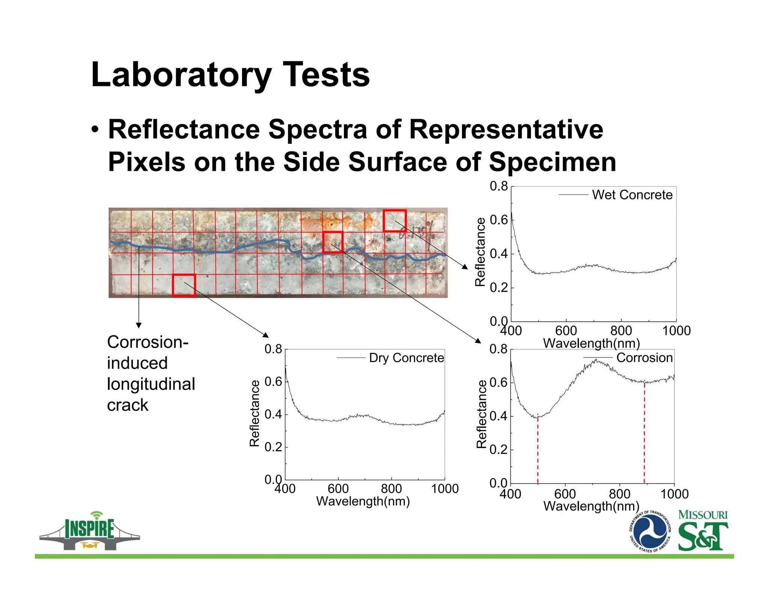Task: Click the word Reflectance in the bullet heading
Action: coord(184,130)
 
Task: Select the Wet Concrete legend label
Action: coord(632,195)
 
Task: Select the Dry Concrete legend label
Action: coord(406,358)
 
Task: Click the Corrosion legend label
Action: coord(644,358)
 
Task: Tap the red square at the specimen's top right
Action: coord(395,220)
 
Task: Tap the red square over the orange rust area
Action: coord(333,242)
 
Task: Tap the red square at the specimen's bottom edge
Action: coord(184,285)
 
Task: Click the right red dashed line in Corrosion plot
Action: coord(644,432)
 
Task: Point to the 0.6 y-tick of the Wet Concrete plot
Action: coord(499,220)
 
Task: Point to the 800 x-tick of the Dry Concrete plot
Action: coord(391,489)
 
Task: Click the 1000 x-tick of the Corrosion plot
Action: coord(674,494)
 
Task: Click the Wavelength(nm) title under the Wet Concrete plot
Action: coord(591,343)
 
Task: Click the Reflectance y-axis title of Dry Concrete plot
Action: coord(255,413)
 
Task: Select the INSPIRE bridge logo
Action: coord(89,531)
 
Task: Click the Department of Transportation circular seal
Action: coord(650,532)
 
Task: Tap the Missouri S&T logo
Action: coord(703,530)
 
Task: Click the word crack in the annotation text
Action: coord(128,406)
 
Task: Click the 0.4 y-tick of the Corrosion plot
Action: coord(499,416)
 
